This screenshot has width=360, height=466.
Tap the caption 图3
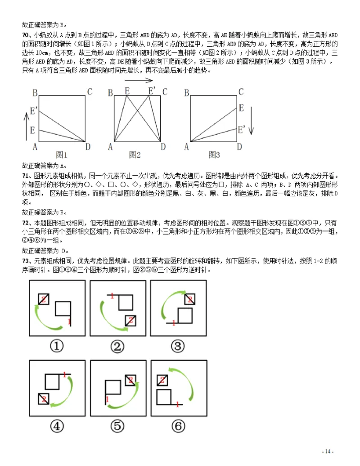[x=214, y=155]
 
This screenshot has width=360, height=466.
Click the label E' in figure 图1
[x=34, y=109]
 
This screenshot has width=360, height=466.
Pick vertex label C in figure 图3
[x=241, y=92]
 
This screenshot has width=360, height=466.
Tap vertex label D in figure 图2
[x=163, y=146]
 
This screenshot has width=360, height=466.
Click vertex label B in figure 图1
[x=35, y=93]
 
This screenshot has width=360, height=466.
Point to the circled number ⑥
[x=179, y=426]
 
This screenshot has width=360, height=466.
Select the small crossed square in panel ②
[x=130, y=320]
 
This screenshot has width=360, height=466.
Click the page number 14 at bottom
[x=328, y=452]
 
